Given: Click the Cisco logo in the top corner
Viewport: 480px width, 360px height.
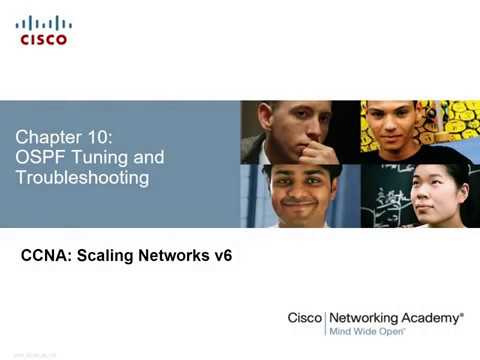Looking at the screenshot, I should (42, 30).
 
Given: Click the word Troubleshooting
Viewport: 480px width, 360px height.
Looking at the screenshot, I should (82, 179).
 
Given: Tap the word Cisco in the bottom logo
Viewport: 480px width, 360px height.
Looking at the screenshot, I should (304, 318).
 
